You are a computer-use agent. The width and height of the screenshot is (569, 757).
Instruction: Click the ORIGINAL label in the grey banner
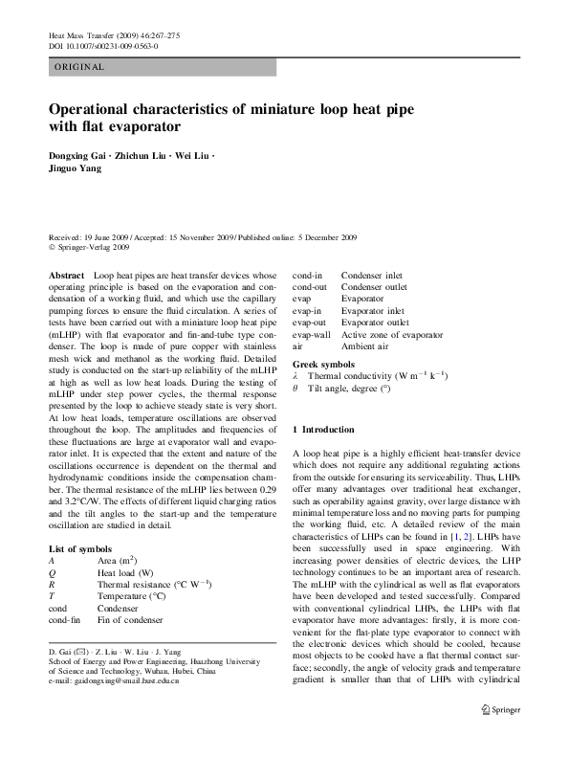79,67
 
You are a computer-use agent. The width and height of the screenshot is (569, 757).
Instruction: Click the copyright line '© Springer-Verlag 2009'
88,247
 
